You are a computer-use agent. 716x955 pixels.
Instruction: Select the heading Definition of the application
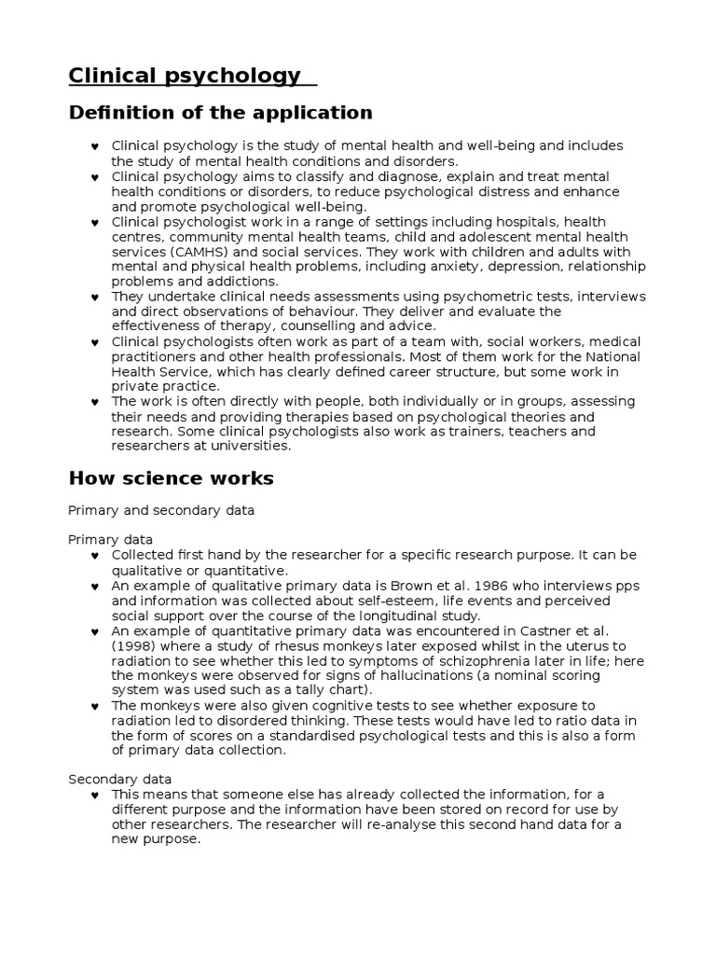coord(220,113)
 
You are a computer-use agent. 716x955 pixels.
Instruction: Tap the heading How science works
coord(172,478)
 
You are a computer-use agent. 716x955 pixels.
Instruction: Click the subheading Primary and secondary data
coord(161,511)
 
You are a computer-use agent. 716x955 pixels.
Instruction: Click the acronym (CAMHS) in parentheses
coord(198,252)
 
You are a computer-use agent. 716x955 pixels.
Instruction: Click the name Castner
coord(552,631)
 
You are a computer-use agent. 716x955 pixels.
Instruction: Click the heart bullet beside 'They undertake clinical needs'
coord(95,298)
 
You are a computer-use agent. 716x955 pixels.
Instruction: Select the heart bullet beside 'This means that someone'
coord(95,795)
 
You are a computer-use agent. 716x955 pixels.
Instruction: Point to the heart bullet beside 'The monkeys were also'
coord(95,706)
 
